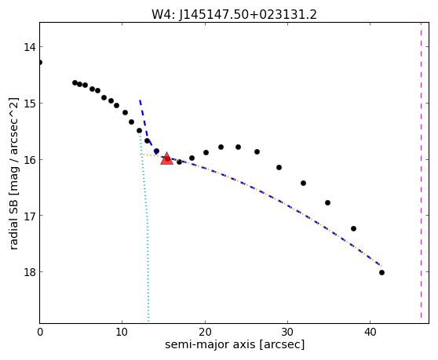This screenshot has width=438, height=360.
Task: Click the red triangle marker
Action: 166,158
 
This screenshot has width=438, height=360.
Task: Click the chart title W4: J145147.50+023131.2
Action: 234,15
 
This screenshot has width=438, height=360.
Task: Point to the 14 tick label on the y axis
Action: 30,47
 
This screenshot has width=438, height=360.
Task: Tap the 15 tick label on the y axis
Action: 30,104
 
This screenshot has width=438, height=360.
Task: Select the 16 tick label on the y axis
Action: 30,160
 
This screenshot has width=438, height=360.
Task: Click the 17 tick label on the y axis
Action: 30,216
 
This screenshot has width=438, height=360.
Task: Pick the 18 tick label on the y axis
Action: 30,272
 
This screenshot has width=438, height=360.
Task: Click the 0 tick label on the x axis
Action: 40,332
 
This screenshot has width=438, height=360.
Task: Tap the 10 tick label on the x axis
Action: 122,332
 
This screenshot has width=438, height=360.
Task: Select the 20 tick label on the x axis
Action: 205,332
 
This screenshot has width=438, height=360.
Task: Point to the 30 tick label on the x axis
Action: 287,332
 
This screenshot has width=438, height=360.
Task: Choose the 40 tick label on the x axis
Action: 370,332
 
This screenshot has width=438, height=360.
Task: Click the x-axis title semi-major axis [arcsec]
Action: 235,344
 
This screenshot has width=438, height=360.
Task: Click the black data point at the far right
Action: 381,273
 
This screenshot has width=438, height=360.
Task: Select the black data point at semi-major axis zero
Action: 40,62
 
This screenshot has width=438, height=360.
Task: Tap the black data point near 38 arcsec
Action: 353,228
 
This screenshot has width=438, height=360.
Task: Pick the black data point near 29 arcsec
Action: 279,167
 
